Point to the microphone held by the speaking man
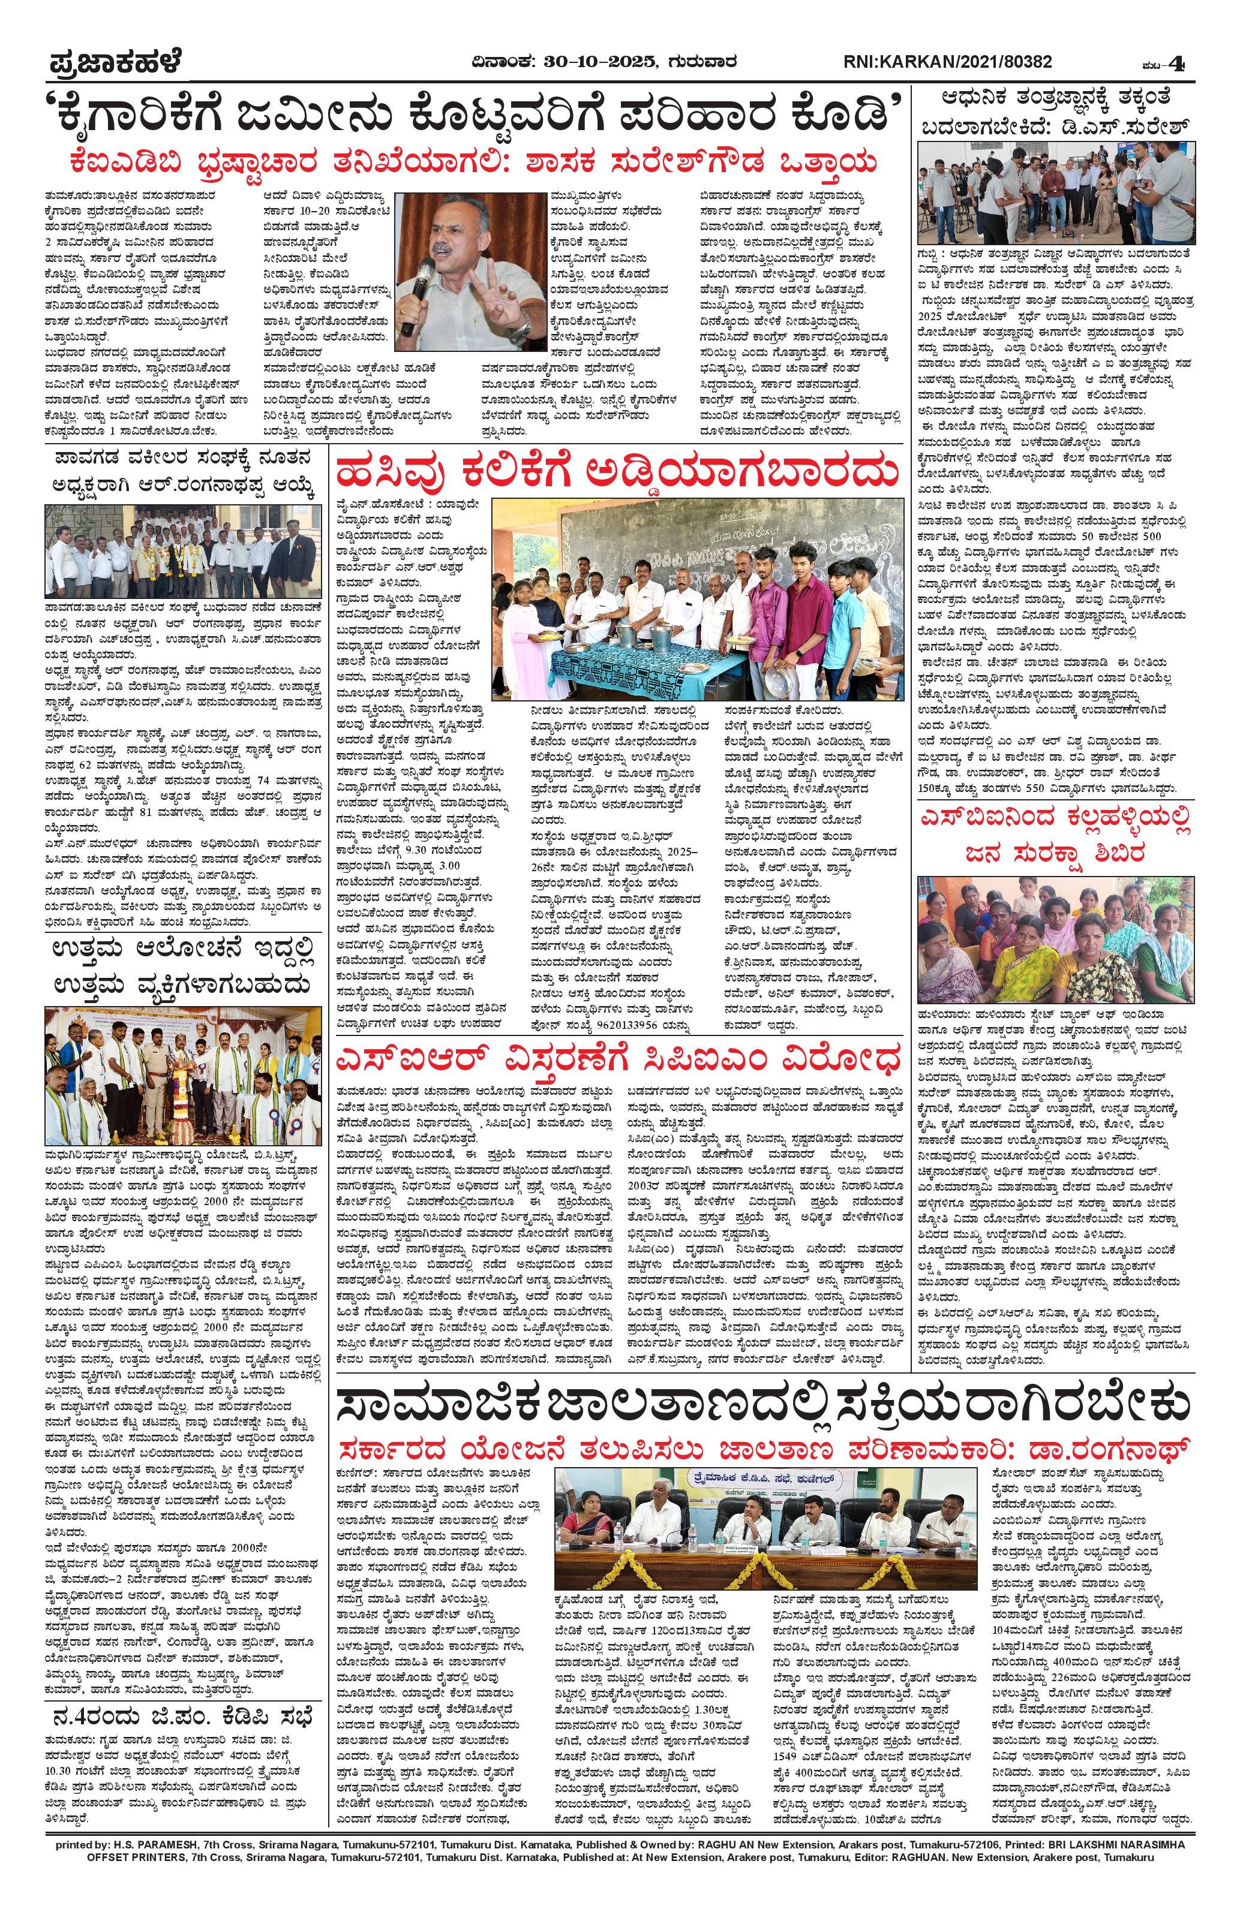coord(409,301)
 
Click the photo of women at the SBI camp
coord(1055,948)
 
